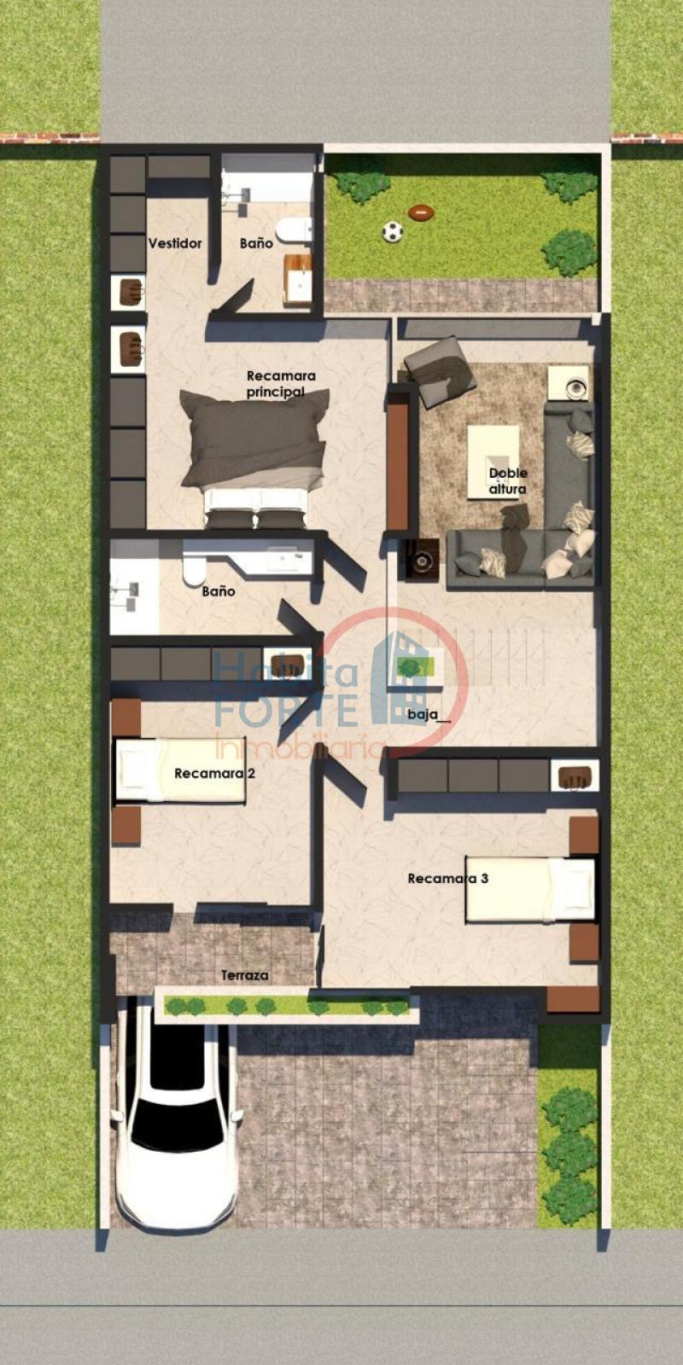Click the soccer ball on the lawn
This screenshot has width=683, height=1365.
tap(392, 231)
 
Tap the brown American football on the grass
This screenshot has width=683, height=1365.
tap(420, 212)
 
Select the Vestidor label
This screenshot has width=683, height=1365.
tap(175, 243)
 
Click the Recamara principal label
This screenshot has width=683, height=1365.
tap(280, 383)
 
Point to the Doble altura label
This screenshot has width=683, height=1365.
tap(508, 480)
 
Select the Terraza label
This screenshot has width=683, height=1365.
tap(245, 974)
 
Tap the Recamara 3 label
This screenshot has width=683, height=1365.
tap(447, 878)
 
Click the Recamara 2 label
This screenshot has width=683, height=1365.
tap(214, 773)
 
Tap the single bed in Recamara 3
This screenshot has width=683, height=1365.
tap(529, 889)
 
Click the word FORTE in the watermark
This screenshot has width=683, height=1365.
tap(286, 710)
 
